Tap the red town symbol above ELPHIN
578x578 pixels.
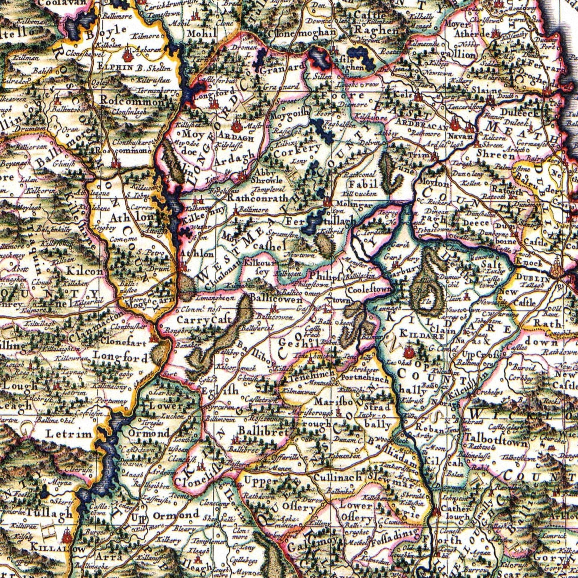pos(128,53)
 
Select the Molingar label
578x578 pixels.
pos(352,204)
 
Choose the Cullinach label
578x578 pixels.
pos(338,477)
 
